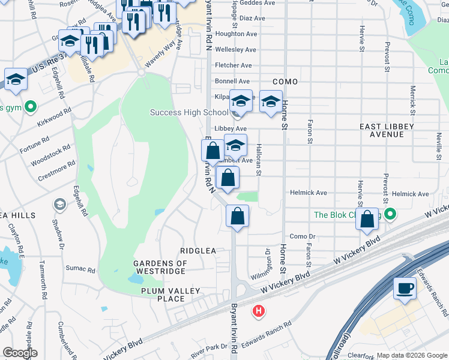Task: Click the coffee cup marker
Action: pos(405,289)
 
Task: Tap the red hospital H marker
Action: pos(259,311)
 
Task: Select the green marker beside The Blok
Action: pos(391,214)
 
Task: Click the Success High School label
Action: pos(188,113)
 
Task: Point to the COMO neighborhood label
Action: pos(285,81)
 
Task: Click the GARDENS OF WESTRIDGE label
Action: pos(160,268)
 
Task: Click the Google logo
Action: pos(20,353)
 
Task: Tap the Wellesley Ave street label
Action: pos(235,50)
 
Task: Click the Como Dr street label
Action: pos(303,236)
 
